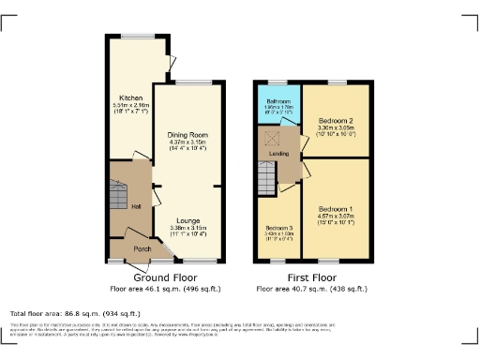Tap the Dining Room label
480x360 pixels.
coord(187,134)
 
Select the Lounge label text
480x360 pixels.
coord(187,220)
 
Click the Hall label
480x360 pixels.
coord(136,205)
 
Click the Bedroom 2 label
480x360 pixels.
coord(336,121)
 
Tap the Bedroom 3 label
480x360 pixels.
coord(278,228)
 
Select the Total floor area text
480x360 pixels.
coord(76,313)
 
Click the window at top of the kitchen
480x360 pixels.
coord(131,37)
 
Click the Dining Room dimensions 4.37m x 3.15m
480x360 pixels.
coord(187,142)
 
